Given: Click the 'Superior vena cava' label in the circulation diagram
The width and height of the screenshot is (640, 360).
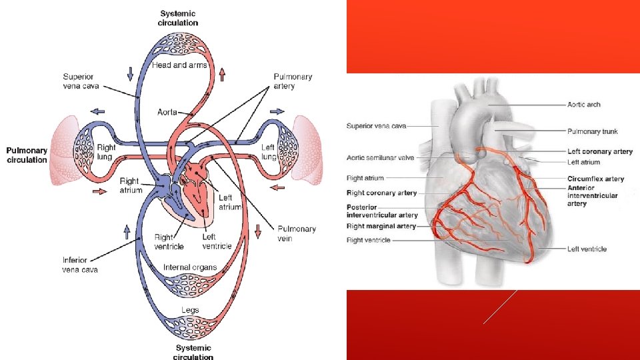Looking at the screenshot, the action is pyautogui.click(x=81, y=81).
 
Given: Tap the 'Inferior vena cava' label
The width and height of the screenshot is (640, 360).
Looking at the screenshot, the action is pyautogui.click(x=80, y=265).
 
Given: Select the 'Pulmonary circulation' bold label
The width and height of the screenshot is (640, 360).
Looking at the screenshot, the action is pyautogui.click(x=27, y=155).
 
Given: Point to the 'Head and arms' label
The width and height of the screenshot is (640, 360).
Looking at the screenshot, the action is pyautogui.click(x=179, y=65).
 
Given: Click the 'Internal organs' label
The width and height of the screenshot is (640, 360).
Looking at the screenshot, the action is pyautogui.click(x=190, y=267).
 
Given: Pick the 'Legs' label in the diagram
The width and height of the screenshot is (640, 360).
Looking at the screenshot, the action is pyautogui.click(x=190, y=310).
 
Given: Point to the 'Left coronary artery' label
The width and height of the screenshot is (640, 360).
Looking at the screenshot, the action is pyautogui.click(x=600, y=151).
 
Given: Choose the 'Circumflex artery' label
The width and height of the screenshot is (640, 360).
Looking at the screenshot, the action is pyautogui.click(x=596, y=179).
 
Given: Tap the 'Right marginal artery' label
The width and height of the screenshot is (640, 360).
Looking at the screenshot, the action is pyautogui.click(x=381, y=226).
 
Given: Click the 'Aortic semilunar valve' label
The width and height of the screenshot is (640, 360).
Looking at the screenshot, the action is pyautogui.click(x=381, y=158).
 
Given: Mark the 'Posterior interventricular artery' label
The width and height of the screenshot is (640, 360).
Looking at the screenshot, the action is pyautogui.click(x=382, y=211).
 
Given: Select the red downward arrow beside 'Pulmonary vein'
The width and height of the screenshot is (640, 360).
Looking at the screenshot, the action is pyautogui.click(x=258, y=231).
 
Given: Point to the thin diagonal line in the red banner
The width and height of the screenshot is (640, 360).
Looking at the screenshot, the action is pyautogui.click(x=500, y=307).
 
